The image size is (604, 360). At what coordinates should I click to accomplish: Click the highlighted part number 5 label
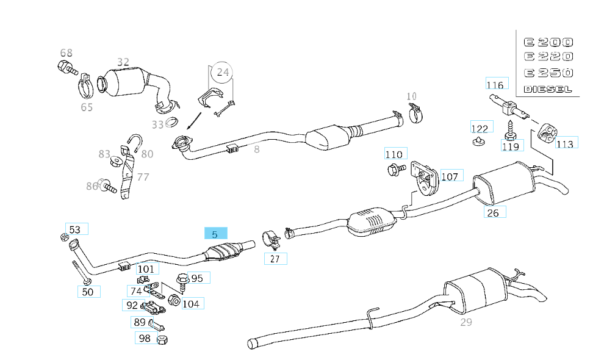(215, 234)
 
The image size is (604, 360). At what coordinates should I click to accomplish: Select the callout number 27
(275, 259)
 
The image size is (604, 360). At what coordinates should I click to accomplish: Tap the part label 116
(495, 85)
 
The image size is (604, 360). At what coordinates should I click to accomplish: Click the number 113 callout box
(565, 143)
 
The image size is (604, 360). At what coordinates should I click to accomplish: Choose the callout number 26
(494, 212)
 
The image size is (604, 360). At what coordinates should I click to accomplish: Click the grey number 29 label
(466, 322)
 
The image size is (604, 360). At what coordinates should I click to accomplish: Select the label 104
(190, 303)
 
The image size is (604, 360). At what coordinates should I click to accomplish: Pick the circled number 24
(223, 73)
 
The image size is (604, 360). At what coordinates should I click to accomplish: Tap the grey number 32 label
(123, 62)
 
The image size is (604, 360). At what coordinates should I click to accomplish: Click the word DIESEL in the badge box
(548, 89)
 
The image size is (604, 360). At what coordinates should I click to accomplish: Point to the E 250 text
(548, 73)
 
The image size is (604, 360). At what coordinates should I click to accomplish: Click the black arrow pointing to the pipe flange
(195, 120)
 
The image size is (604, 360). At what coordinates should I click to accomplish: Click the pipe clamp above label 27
(270, 239)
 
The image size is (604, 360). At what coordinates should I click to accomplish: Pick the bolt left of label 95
(182, 281)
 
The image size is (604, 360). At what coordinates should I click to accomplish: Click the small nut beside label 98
(162, 339)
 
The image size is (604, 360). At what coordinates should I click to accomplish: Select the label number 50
(88, 292)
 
